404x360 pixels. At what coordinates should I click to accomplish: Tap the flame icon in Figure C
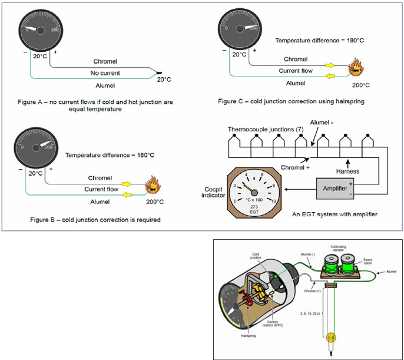[356, 67]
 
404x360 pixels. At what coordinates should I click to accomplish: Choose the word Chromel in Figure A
[105, 61]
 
